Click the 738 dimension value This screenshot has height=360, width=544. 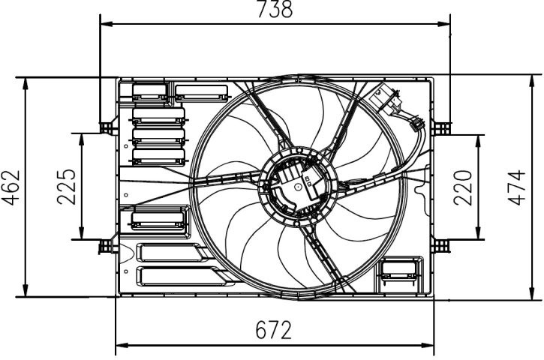[275, 9]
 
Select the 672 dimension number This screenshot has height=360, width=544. [274, 330]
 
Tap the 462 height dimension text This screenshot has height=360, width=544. [11, 187]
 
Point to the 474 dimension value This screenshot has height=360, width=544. [516, 187]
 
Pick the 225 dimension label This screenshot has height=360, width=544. [66, 187]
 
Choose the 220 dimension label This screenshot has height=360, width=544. [463, 187]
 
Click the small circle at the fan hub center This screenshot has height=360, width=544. [298, 187]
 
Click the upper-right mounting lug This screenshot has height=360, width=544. [441, 128]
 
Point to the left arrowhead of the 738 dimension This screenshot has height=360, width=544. [106, 24]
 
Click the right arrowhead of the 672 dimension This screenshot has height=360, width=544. [428, 346]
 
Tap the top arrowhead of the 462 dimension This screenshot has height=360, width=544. [25, 84]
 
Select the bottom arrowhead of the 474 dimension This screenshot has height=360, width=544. [532, 294]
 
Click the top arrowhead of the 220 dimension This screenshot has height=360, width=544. [479, 141]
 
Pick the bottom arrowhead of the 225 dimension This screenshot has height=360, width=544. [82, 233]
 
